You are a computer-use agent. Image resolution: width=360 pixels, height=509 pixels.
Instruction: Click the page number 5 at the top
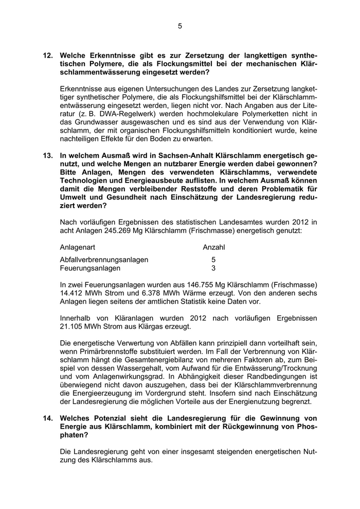(180, 27)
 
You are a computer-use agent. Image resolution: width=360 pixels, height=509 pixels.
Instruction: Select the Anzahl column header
(213, 247)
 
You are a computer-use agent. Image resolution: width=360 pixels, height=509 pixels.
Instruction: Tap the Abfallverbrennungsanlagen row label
(104, 260)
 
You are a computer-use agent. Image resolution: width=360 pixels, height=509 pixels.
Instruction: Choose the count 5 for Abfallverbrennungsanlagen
(213, 260)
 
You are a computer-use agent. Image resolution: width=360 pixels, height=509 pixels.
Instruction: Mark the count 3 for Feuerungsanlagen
(213, 268)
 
